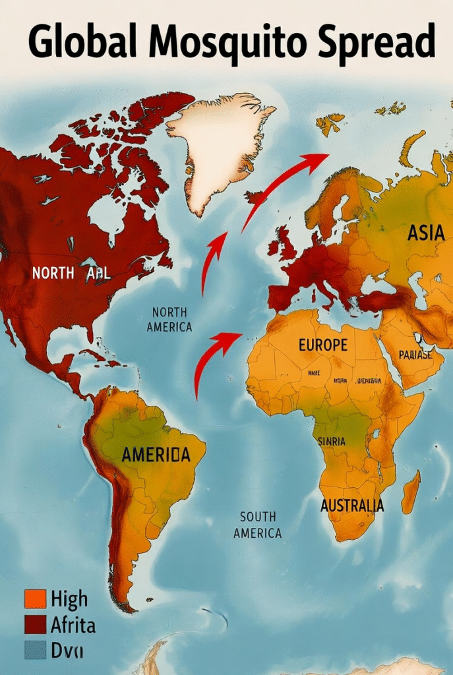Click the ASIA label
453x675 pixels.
tap(425, 233)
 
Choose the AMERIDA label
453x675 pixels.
tap(156, 454)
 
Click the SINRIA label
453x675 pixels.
tap(331, 441)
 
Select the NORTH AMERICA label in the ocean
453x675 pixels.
tap(169, 319)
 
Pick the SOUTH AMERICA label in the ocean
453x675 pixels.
tap(257, 525)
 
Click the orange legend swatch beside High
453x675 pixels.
tap(34, 599)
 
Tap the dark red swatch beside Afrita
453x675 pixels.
tap(34, 624)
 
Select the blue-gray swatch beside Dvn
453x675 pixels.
tap(34, 649)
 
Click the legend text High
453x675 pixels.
tap(69, 599)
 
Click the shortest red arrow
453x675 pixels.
tap(212, 260)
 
